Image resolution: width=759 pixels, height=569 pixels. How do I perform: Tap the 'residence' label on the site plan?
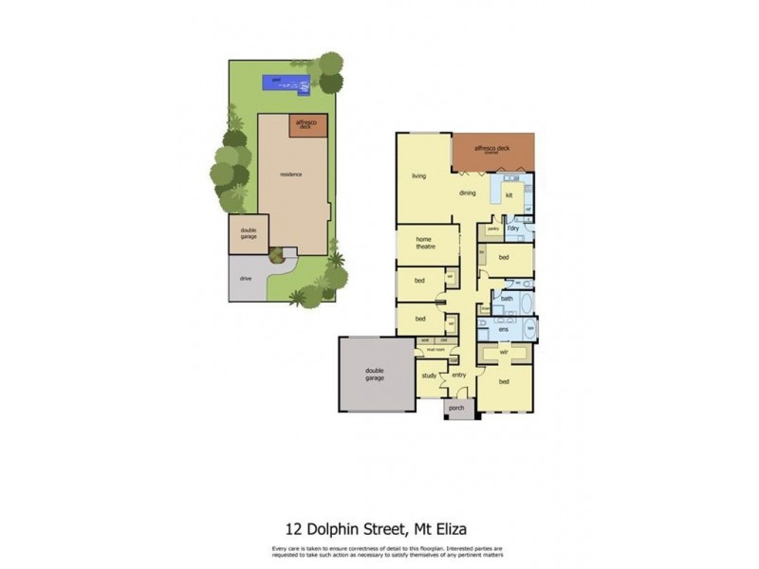tap(291, 174)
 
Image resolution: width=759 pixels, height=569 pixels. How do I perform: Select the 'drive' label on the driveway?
tap(246, 279)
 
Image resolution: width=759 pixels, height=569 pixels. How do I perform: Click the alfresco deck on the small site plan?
tap(305, 125)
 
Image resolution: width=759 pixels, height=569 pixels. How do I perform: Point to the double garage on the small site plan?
tap(249, 233)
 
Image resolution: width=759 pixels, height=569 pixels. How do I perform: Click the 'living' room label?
tap(418, 176)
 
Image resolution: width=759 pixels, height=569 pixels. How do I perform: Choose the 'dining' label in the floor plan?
tap(468, 193)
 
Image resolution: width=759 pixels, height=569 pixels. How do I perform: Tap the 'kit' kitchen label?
tap(509, 195)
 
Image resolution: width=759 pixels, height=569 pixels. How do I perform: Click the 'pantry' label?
tap(493, 229)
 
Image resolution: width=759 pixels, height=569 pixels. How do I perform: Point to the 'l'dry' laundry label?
tap(513, 229)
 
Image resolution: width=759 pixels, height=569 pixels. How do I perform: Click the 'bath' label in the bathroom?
tap(507, 299)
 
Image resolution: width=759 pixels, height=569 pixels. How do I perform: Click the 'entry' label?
tap(459, 375)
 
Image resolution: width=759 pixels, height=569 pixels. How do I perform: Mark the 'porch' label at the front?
tap(456, 408)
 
